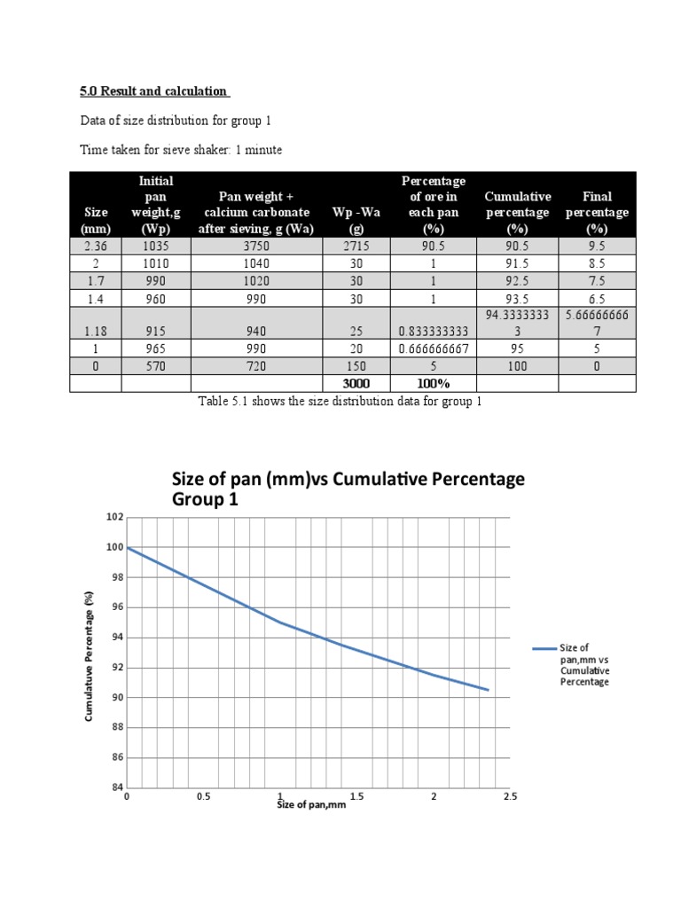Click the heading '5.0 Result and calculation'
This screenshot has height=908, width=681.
tap(155, 91)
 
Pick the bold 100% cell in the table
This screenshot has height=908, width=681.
tap(433, 383)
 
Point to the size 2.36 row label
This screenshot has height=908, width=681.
tap(97, 247)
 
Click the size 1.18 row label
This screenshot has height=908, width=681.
tap(97, 332)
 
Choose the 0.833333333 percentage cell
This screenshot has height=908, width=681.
tap(433, 332)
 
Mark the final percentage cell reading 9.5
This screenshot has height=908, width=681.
tap(597, 247)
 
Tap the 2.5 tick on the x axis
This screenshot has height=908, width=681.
tap(510, 797)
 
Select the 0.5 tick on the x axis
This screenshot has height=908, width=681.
tap(204, 797)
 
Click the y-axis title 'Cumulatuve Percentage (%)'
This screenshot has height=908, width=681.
tap(90, 657)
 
